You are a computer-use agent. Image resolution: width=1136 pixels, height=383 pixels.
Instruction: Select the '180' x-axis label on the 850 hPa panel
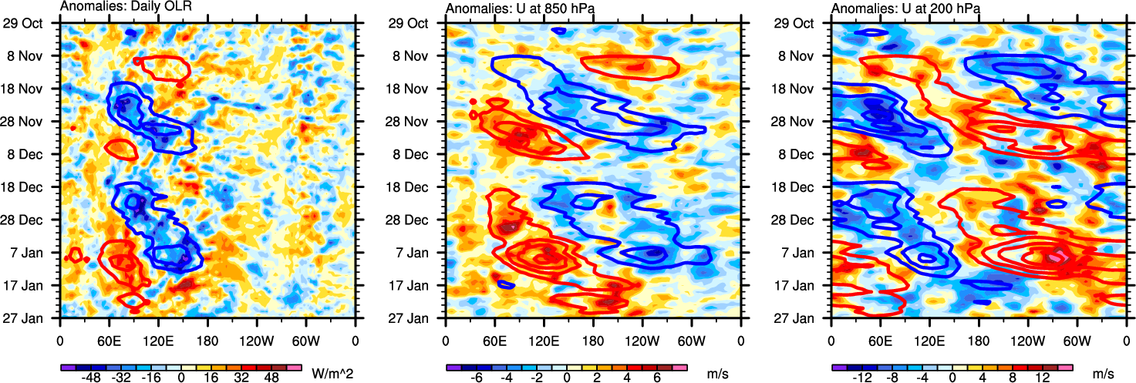593,339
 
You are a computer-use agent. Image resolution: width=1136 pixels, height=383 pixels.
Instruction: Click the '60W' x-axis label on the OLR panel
305,339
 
